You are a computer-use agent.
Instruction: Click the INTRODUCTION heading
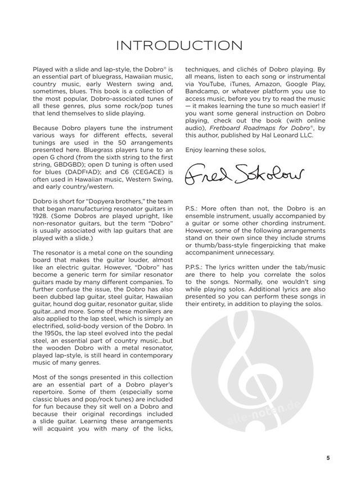point(180,46)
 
